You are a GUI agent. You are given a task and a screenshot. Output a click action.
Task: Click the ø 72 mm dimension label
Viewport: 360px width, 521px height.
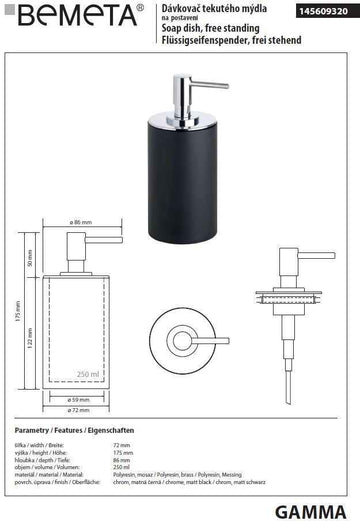[82, 411]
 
